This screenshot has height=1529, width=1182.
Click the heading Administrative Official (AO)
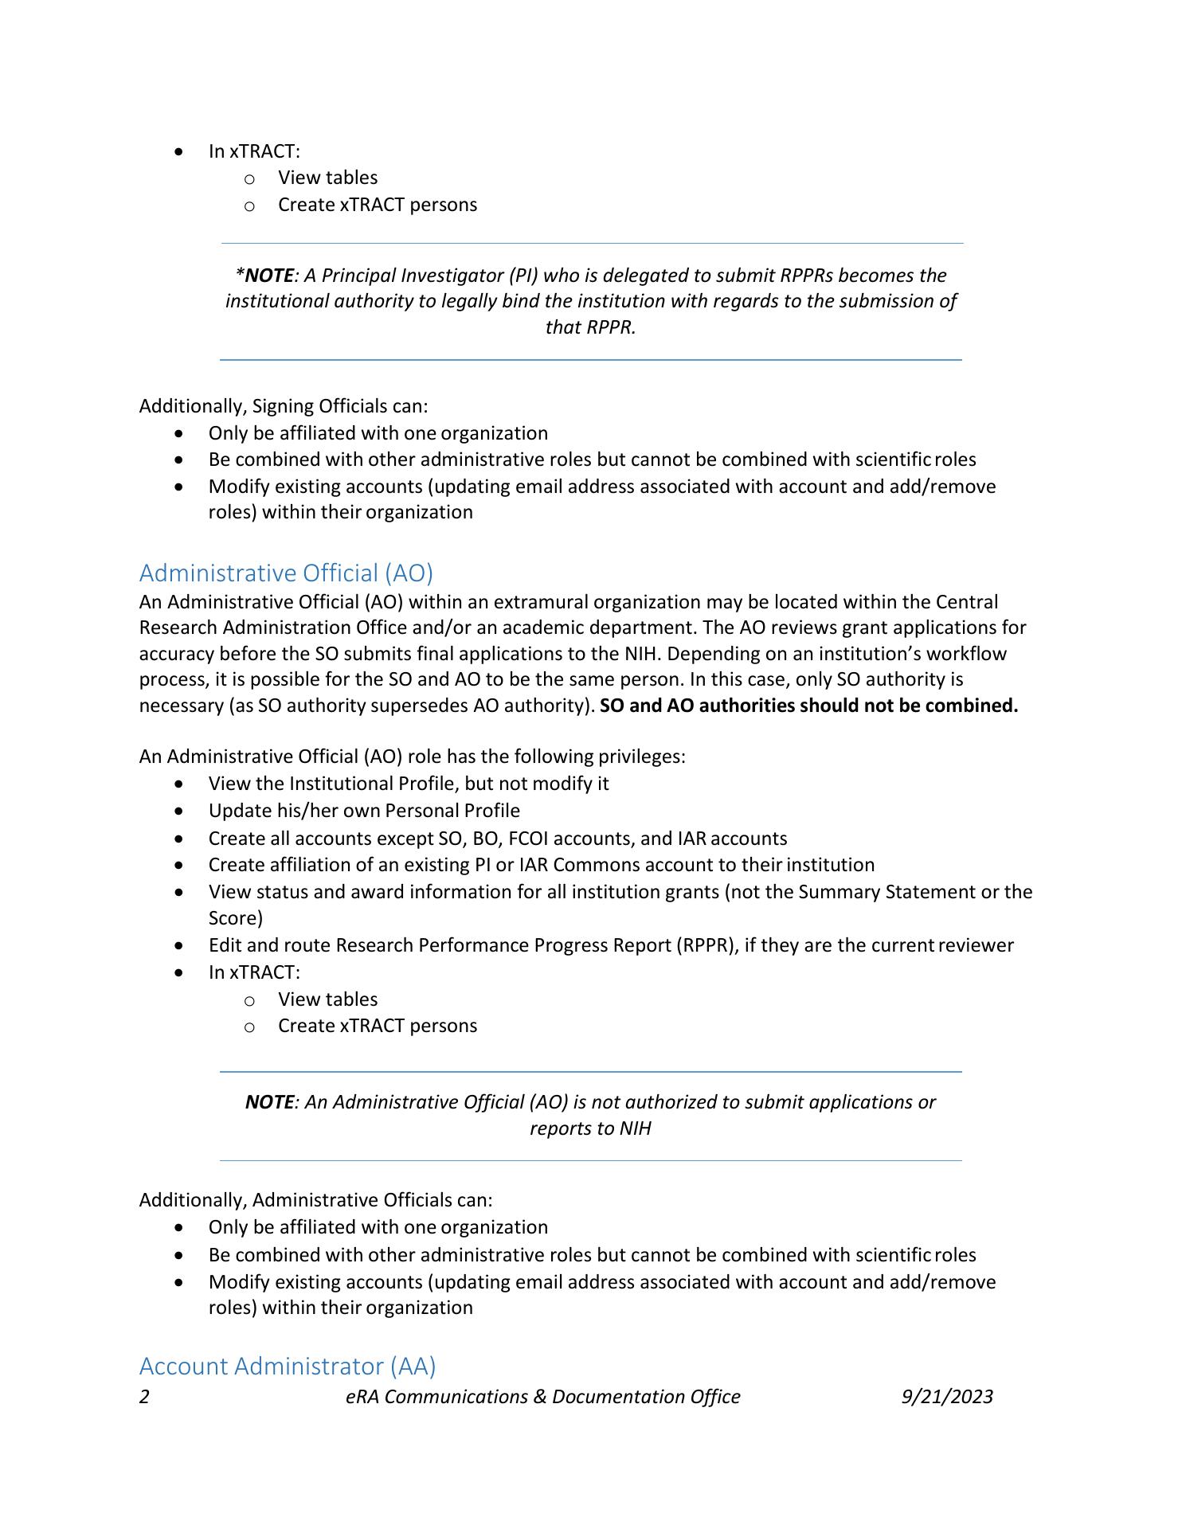tap(286, 573)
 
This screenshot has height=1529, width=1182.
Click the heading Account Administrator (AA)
tap(288, 1366)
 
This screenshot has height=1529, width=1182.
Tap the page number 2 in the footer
tap(144, 1397)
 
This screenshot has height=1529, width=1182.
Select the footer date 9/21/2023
tap(947, 1397)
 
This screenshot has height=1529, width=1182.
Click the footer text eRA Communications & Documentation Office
tap(542, 1397)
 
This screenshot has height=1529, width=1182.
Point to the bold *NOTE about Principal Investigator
tap(264, 276)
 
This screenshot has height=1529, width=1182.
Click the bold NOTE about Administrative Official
tap(269, 1102)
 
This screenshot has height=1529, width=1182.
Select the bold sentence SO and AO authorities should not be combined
tap(808, 706)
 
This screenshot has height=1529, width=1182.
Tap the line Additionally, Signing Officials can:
tap(284, 406)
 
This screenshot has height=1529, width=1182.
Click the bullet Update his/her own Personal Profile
tap(364, 811)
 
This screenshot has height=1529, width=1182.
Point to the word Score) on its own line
tap(235, 918)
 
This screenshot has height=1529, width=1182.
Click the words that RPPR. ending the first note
tap(590, 327)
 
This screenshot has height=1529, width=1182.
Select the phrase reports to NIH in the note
tap(590, 1128)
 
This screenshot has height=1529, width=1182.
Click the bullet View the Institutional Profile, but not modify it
tap(409, 784)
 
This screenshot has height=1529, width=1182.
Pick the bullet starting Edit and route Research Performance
tap(611, 945)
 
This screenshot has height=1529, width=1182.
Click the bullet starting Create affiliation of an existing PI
tap(542, 865)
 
